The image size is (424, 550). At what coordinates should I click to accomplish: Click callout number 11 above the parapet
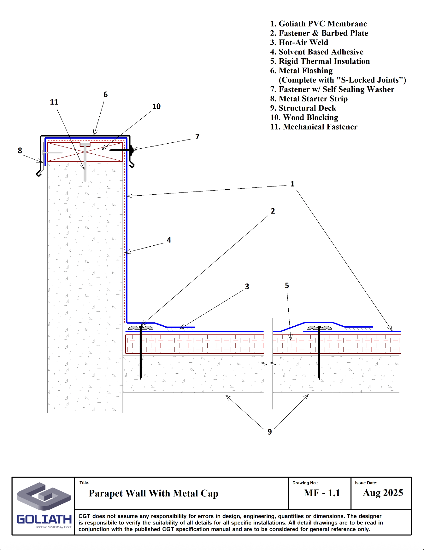pyautogui.click(x=54, y=102)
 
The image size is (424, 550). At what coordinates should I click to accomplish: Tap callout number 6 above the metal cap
pyautogui.click(x=106, y=95)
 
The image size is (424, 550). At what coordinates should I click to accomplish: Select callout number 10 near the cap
pyautogui.click(x=156, y=106)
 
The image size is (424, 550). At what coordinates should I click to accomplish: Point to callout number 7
pyautogui.click(x=197, y=137)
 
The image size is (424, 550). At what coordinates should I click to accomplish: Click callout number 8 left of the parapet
pyautogui.click(x=20, y=151)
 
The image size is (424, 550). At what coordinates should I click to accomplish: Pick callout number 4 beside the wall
pyautogui.click(x=169, y=240)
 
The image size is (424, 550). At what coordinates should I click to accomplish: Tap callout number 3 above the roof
pyautogui.click(x=247, y=287)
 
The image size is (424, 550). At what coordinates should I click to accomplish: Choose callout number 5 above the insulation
pyautogui.click(x=287, y=286)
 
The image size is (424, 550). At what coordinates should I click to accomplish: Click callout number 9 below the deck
pyautogui.click(x=270, y=432)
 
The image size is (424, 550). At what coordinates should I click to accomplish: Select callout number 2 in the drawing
pyautogui.click(x=273, y=211)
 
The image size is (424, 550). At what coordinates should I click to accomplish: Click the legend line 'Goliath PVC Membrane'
pyautogui.click(x=318, y=24)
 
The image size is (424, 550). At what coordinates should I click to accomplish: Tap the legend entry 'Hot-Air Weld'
pyautogui.click(x=299, y=43)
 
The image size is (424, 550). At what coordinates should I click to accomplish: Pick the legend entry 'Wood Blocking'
pyautogui.click(x=304, y=117)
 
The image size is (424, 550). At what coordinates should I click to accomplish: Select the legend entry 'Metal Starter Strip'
pyautogui.click(x=309, y=99)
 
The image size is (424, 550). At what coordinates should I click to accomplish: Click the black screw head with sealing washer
pyautogui.click(x=131, y=150)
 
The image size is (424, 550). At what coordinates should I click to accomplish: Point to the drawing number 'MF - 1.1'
pyautogui.click(x=322, y=493)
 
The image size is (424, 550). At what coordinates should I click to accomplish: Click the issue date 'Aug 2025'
pyautogui.click(x=383, y=493)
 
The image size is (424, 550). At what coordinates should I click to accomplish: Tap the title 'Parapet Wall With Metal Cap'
pyautogui.click(x=153, y=493)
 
